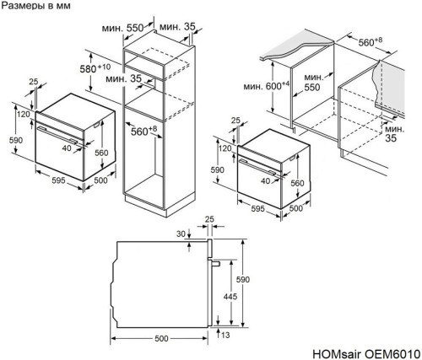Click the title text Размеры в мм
tap(36, 8)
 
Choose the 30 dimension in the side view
tap(180, 234)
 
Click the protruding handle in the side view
tap(216, 264)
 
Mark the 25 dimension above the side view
tap(209, 220)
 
